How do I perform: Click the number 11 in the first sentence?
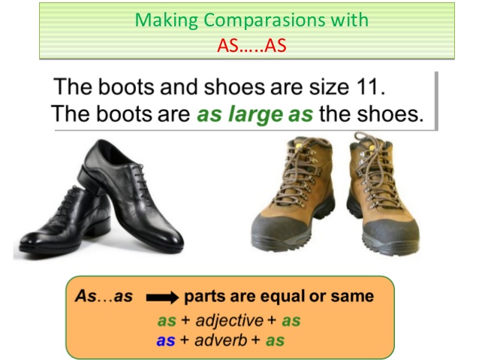coord(369,86)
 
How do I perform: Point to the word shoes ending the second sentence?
coord(396,116)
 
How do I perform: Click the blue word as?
coord(166,340)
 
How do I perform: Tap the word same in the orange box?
coord(351,297)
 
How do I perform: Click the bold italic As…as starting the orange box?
coord(104,297)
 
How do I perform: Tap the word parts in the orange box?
coord(203,297)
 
